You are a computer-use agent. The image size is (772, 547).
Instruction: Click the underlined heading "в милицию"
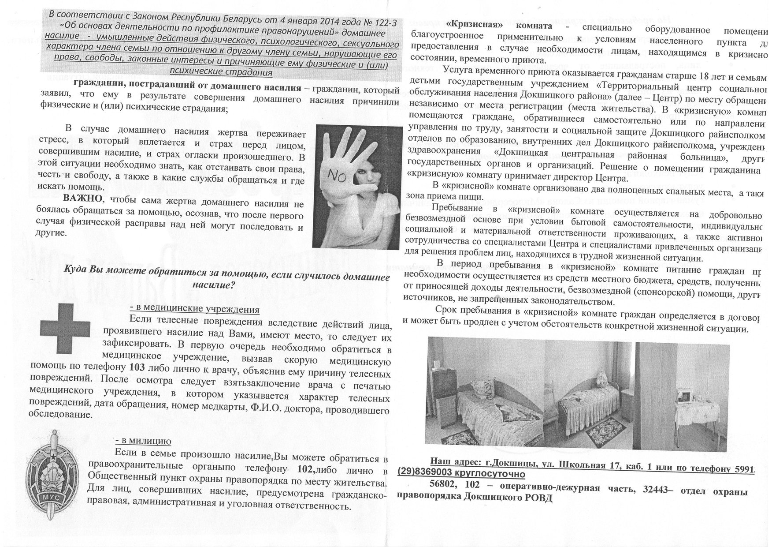pyautogui.click(x=143, y=441)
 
